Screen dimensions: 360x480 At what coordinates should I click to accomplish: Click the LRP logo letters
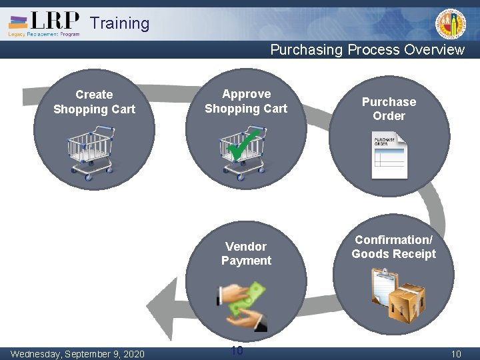pyautogui.click(x=55, y=21)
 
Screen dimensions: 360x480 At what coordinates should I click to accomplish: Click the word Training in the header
pyautogui.click(x=120, y=23)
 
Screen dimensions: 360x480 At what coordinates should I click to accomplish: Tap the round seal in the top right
pyautogui.click(x=451, y=25)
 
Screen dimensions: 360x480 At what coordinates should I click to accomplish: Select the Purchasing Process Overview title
pyautogui.click(x=367, y=50)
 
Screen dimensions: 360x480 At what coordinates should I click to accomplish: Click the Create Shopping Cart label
pyautogui.click(x=94, y=102)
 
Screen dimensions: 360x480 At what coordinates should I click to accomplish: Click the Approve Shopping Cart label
pyautogui.click(x=246, y=101)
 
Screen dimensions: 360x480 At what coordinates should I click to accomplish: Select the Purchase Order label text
pyautogui.click(x=389, y=109)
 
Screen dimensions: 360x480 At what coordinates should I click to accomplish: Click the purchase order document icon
pyautogui.click(x=389, y=155)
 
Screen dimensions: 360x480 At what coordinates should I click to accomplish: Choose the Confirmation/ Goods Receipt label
pyautogui.click(x=393, y=247)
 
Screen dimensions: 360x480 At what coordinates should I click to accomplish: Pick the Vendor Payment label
pyautogui.click(x=246, y=253)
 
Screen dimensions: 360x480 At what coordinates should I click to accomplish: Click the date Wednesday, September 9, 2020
pyautogui.click(x=77, y=353)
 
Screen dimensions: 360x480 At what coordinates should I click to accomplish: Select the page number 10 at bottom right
pyautogui.click(x=456, y=354)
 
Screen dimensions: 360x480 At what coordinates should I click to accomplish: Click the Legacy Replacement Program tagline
pyautogui.click(x=44, y=34)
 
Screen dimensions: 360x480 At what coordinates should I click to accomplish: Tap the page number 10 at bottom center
pyautogui.click(x=236, y=351)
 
